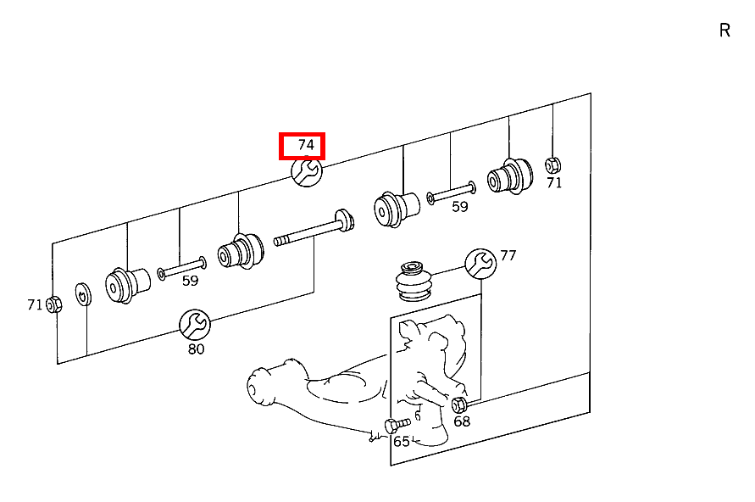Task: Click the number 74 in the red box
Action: click(305, 146)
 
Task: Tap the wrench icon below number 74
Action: click(306, 172)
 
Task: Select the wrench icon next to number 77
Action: click(480, 263)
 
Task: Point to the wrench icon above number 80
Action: click(194, 323)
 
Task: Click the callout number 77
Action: click(508, 255)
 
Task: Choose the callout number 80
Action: click(196, 349)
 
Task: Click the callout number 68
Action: click(462, 421)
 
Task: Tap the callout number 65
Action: click(401, 442)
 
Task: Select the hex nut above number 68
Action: click(459, 404)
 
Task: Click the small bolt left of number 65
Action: click(396, 424)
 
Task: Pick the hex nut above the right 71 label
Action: click(552, 165)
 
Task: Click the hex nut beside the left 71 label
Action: click(53, 304)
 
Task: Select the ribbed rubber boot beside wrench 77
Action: click(414, 282)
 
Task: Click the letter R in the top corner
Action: click(724, 31)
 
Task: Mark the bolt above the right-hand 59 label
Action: click(452, 192)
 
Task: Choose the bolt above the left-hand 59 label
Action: click(181, 268)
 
